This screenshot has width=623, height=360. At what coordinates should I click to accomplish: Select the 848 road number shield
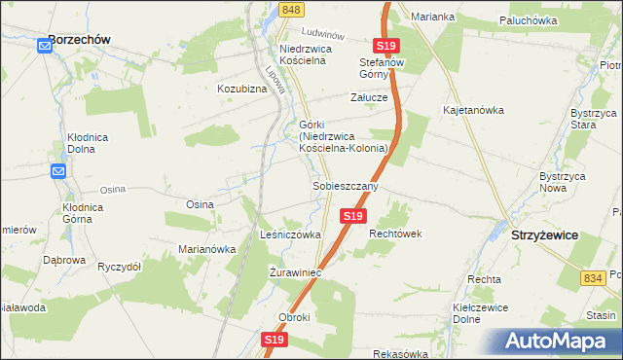pyautogui.click(x=290, y=9)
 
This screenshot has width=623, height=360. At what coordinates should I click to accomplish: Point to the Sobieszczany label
pyautogui.click(x=345, y=185)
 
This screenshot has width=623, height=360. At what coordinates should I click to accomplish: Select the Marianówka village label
pyautogui.click(x=207, y=248)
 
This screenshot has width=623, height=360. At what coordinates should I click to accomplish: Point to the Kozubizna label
pyautogui.click(x=241, y=89)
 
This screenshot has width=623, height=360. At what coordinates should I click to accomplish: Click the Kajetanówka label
pyautogui.click(x=477, y=110)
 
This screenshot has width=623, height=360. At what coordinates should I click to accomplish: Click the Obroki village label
pyautogui.click(x=294, y=318)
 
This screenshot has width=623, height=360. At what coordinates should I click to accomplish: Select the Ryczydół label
pyautogui.click(x=120, y=266)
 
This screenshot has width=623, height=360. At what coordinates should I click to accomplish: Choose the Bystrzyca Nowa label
pyautogui.click(x=562, y=182)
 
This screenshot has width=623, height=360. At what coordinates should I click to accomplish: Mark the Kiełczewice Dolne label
pyautogui.click(x=460, y=316)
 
